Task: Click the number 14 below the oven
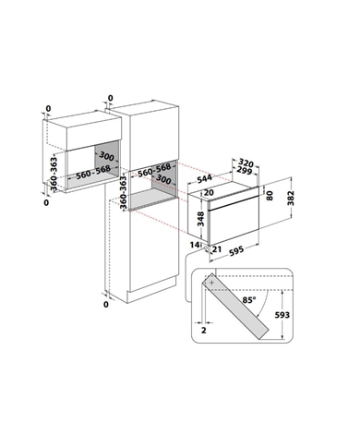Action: point(194,244)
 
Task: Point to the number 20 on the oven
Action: point(210,193)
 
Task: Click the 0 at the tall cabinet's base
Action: point(107,303)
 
